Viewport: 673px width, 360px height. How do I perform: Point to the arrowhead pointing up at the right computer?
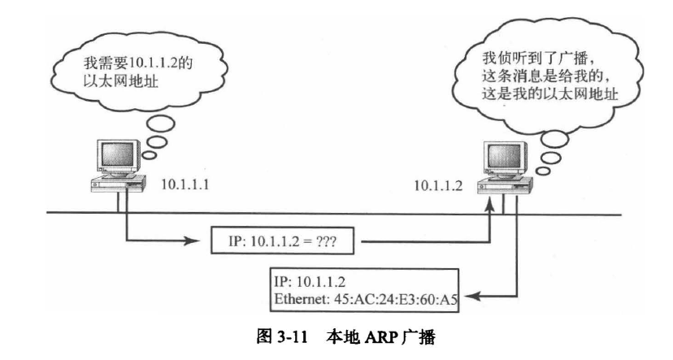[x=490, y=210]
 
